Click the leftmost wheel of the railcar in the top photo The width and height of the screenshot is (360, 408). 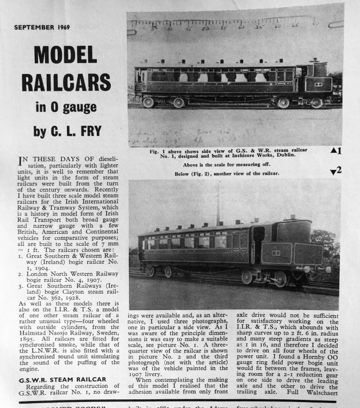pos(148,102)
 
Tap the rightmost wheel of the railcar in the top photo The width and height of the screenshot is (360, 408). pos(317,102)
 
